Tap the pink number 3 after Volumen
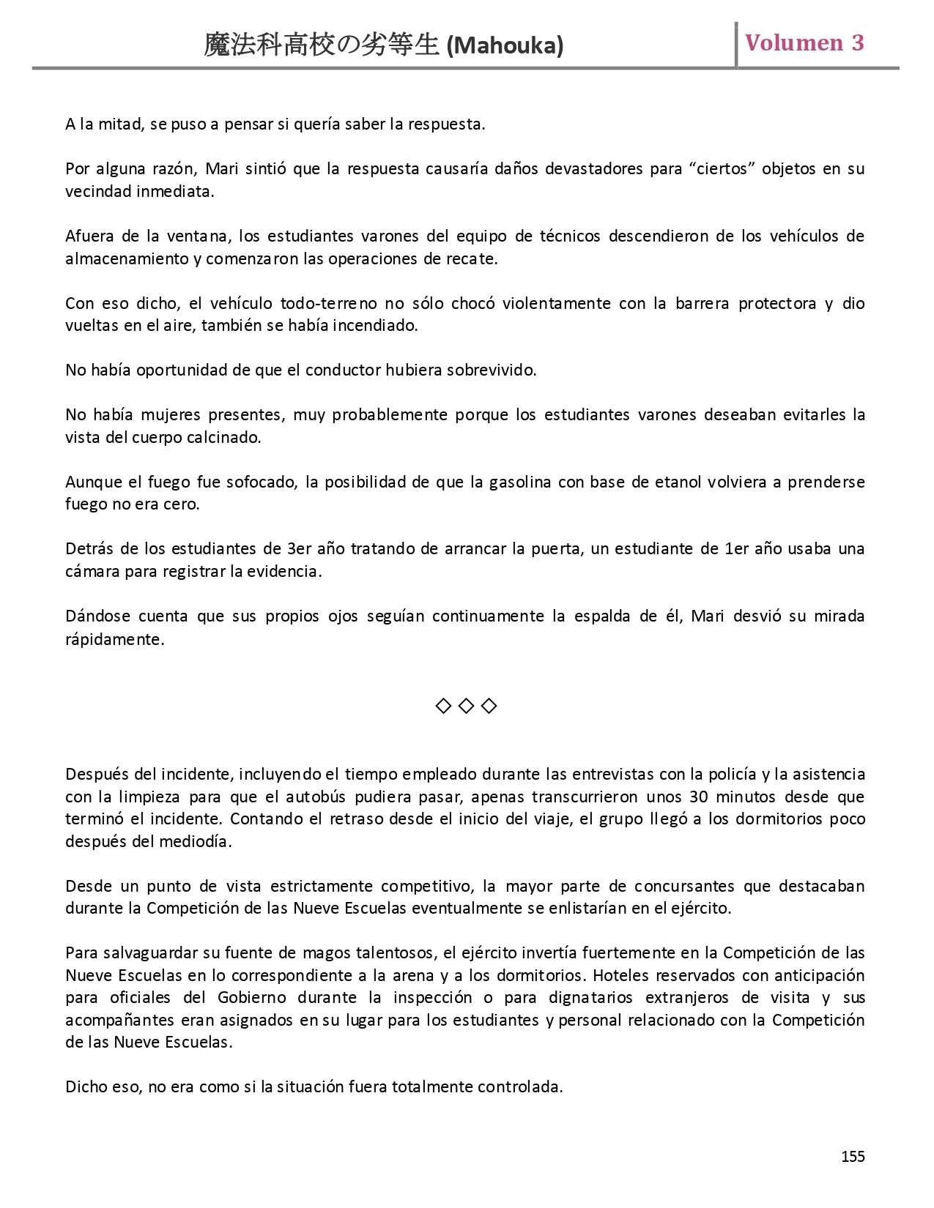tap(857, 43)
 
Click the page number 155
tap(853, 1156)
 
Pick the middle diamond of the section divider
tap(466, 706)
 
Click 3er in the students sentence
tap(301, 549)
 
